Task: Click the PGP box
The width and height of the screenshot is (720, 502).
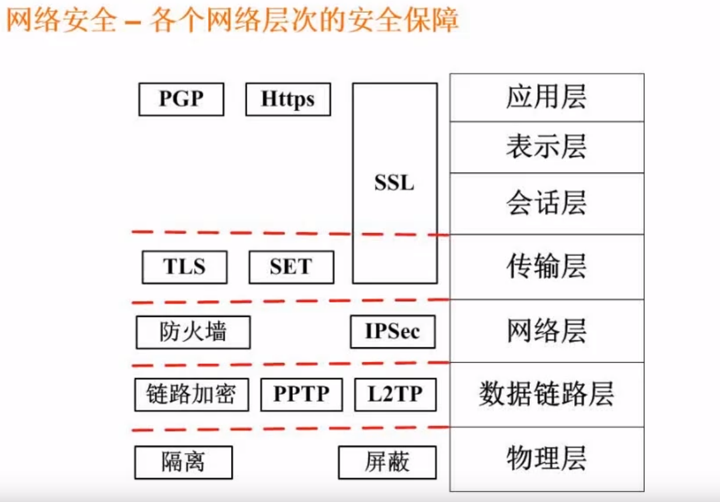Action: (181, 99)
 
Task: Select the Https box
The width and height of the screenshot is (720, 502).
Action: (288, 99)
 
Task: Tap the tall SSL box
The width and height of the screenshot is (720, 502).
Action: (394, 183)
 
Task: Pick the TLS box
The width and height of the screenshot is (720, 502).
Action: (184, 267)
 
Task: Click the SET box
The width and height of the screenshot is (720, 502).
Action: (291, 267)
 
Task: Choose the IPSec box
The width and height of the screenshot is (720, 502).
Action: (393, 332)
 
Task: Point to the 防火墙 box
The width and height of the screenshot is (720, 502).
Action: (193, 332)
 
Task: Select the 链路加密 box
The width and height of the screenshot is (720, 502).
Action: (191, 395)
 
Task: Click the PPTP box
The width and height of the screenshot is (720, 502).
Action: (301, 395)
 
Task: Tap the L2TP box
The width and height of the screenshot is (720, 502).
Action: (395, 395)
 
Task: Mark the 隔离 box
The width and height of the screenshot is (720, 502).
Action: (183, 462)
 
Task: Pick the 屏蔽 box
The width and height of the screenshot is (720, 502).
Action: (387, 462)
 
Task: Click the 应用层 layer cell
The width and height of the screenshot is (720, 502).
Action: (546, 97)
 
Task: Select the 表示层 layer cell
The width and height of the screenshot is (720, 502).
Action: (546, 147)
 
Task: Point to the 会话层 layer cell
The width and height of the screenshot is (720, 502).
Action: (546, 203)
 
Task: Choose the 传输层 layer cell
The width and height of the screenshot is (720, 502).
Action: (546, 267)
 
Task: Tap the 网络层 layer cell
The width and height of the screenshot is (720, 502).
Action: (546, 331)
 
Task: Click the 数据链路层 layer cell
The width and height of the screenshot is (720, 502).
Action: (546, 395)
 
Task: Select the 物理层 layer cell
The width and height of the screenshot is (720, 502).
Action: (546, 458)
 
